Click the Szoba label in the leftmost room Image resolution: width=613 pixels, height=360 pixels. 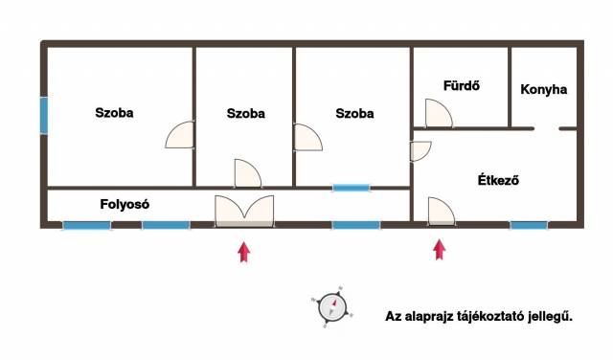coord(114,113)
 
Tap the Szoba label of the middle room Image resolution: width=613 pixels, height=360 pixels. coord(245,113)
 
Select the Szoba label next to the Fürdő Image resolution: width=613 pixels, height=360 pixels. coord(354,113)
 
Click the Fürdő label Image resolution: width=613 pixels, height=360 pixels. coord(462,85)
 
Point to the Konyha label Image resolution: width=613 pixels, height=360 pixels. coord(543,89)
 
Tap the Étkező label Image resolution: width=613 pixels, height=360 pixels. coord(498,180)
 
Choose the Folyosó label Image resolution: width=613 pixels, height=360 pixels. coord(125,204)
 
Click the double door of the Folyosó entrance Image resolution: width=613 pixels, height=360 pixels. coord(244,211)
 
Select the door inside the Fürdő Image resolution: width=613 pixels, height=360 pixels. coord(439,113)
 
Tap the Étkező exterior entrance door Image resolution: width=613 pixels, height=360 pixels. coord(442,212)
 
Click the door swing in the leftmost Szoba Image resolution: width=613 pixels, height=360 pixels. coord(179,135)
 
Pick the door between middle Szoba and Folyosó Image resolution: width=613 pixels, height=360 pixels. coord(248,173)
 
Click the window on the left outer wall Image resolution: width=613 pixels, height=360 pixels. coord(44,116)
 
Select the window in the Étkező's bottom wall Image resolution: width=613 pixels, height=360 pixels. coord(529,225)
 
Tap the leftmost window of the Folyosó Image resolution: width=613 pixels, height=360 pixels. coord(87,226)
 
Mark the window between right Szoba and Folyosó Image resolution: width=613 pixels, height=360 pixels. coord(352,188)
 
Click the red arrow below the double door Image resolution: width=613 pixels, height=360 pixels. coord(244,252)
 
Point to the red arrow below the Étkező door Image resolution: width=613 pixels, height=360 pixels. coord(440,249)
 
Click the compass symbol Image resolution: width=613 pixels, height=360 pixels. coord(332,307)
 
